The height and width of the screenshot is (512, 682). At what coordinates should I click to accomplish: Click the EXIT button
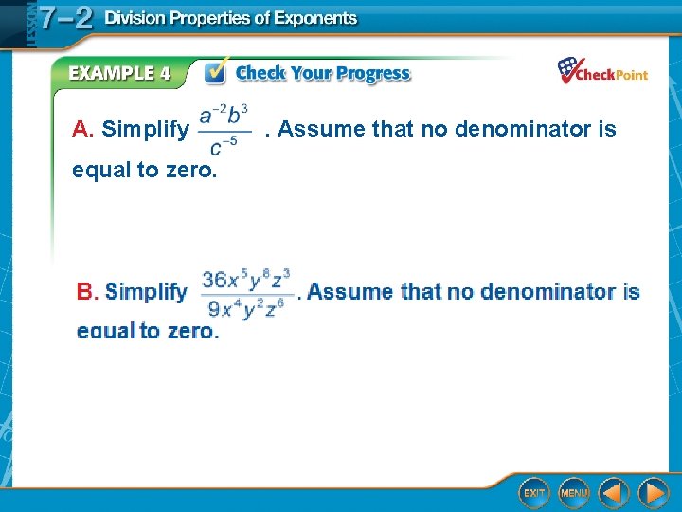click(534, 492)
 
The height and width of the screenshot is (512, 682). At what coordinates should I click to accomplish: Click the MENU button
click(573, 492)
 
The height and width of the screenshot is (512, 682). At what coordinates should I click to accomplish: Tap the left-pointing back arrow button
click(614, 492)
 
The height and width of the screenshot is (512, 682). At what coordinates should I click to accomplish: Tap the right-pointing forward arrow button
click(653, 492)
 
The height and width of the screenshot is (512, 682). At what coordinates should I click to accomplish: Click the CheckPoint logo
click(602, 72)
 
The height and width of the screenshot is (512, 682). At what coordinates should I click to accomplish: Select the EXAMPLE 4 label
click(119, 73)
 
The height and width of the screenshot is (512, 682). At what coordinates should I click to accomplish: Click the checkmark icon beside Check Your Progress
click(217, 72)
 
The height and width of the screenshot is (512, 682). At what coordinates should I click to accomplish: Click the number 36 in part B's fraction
click(216, 280)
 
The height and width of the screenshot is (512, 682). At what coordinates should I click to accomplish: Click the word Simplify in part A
click(145, 129)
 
